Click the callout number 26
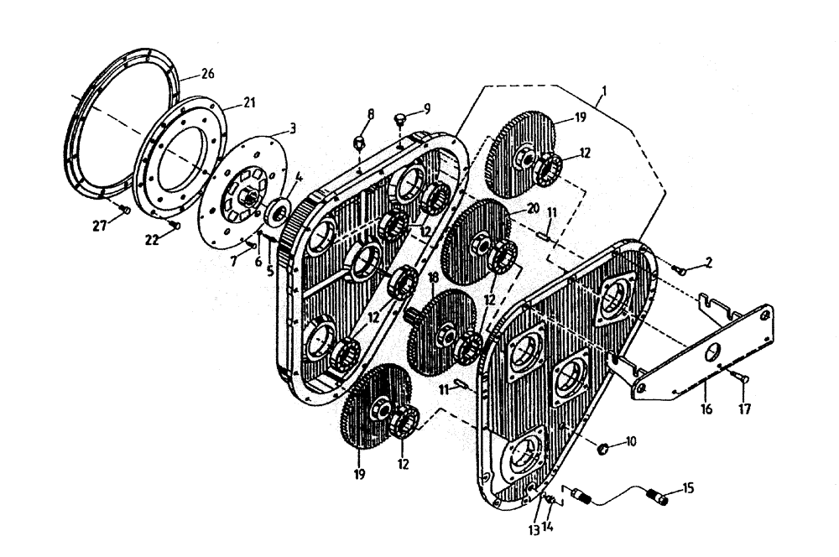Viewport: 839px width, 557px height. [207, 74]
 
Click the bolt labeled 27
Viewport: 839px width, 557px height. [122, 210]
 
